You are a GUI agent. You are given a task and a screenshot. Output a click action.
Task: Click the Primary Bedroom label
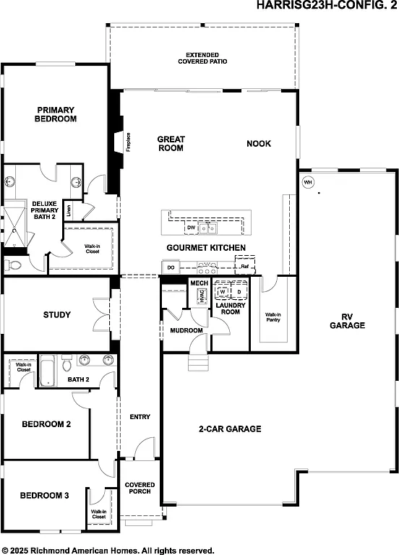click(56, 114)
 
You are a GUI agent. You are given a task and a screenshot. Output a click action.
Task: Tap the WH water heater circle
click(307, 182)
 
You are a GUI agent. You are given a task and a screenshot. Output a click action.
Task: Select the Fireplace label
click(128, 141)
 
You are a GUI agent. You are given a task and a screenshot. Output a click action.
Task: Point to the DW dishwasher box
click(192, 228)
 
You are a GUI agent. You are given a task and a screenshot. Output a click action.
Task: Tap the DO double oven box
click(171, 267)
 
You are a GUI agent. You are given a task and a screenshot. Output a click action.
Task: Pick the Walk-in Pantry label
click(273, 318)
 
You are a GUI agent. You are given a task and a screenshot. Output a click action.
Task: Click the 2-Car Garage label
click(229, 429)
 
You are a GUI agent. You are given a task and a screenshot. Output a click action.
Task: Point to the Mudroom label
click(186, 331)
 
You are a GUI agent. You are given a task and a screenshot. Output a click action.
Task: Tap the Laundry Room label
click(230, 308)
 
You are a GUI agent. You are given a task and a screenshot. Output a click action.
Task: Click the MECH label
click(199, 283)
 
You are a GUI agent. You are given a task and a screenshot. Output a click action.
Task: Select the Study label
click(56, 314)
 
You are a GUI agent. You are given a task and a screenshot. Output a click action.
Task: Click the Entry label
click(140, 417)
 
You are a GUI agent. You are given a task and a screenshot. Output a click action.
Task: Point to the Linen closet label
click(69, 211)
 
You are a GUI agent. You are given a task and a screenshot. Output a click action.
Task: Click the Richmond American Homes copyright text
click(108, 549)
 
